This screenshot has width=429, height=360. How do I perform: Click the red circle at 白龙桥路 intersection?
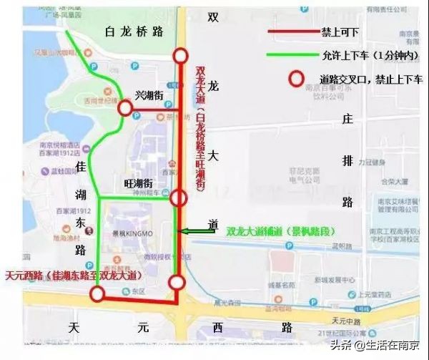pos(180,56)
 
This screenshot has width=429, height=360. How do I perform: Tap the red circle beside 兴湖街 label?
pos(126,108)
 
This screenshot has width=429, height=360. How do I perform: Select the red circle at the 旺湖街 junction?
pos(179,198)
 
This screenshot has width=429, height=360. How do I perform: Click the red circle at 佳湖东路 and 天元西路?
pos(97,293)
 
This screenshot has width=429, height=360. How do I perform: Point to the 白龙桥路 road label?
pos(134,31)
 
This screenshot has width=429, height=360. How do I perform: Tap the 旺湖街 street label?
pos(139,183)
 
